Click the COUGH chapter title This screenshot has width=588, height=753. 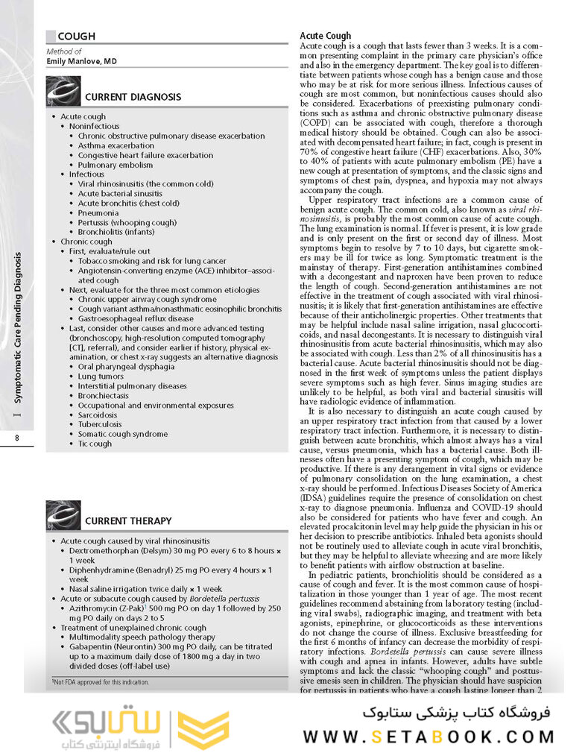pyautogui.click(x=76, y=36)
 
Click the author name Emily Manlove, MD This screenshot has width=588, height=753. pyautogui.click(x=82, y=61)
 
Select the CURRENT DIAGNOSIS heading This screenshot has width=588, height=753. pyautogui.click(x=133, y=97)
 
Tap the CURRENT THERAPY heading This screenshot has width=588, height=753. pyautogui.click(x=128, y=520)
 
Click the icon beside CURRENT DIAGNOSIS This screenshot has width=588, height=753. pyautogui.click(x=63, y=92)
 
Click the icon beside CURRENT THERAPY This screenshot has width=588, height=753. pyautogui.click(x=63, y=515)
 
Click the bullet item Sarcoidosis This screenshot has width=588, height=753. pyautogui.click(x=101, y=415)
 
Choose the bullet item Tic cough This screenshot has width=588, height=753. pyautogui.click(x=95, y=444)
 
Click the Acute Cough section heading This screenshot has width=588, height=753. pyautogui.click(x=325, y=36)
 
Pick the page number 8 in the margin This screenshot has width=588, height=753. pyautogui.click(x=16, y=438)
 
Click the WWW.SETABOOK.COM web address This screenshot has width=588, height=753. pyautogui.click(x=428, y=737)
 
